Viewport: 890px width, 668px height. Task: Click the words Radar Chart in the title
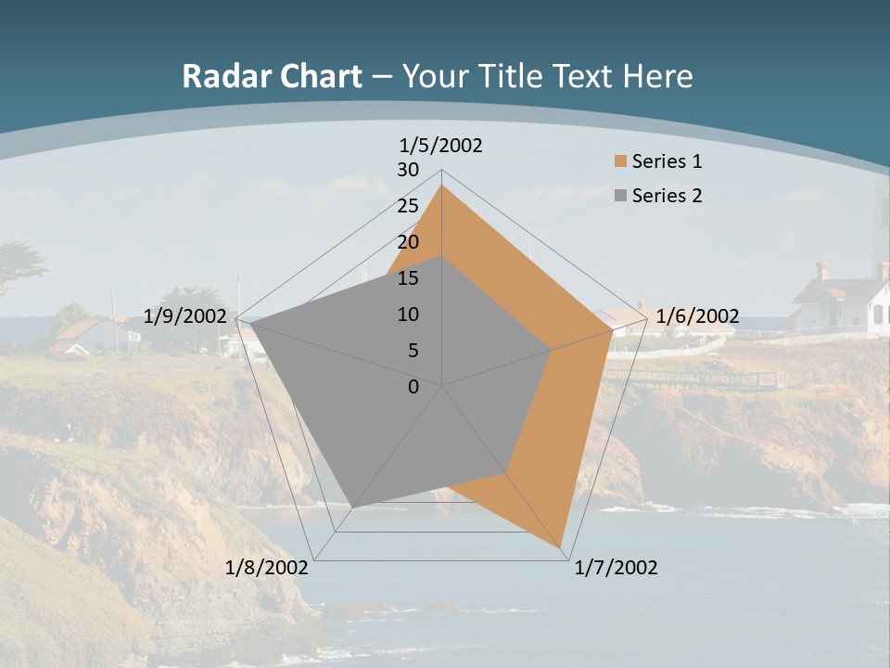272,76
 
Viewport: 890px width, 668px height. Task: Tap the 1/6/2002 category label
696,316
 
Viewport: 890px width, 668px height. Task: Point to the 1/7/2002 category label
616,568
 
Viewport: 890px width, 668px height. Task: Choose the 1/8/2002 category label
266,568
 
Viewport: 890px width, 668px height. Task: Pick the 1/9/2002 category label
185,316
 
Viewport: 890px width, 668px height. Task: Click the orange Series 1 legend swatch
620,161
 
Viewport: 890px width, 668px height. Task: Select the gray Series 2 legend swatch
620,196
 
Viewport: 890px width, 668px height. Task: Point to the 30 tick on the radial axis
408,170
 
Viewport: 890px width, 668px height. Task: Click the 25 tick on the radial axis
408,206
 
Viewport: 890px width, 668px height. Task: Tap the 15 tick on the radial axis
408,278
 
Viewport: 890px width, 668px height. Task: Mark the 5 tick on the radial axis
413,351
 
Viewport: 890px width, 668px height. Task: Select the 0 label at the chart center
413,387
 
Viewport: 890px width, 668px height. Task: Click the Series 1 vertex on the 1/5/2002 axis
442,186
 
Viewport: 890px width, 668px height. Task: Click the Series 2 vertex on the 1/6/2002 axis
552,351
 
